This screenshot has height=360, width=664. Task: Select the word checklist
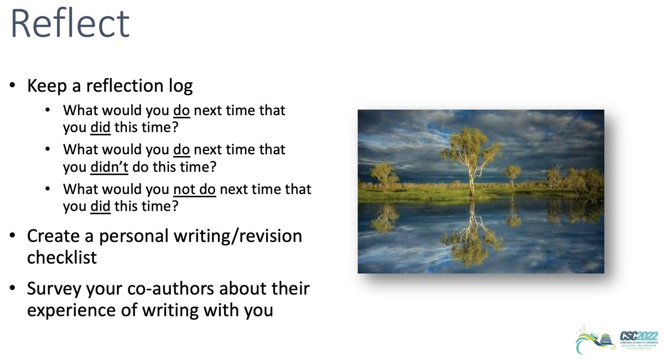[x=61, y=257]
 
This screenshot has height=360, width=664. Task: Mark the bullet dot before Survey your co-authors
[x=12, y=289]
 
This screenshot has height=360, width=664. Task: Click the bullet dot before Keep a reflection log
[x=12, y=87]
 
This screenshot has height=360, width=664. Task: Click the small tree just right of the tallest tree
[x=511, y=173]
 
